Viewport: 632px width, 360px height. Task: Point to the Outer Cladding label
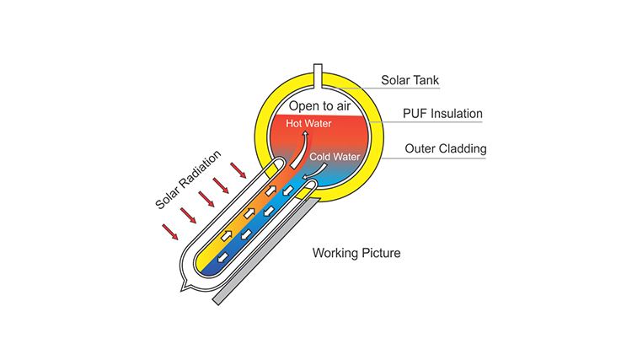tap(443, 149)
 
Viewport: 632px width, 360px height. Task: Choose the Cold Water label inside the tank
tap(334, 157)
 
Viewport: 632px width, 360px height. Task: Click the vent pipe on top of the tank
tap(317, 75)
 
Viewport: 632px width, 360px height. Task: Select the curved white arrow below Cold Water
tap(313, 169)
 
